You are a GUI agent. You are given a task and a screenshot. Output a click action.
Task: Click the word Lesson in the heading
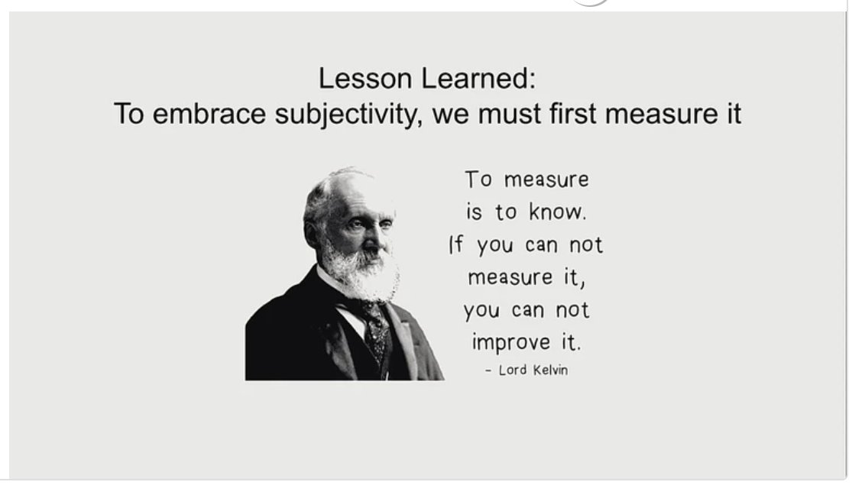pos(355,79)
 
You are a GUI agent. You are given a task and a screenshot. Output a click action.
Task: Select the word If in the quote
pos(456,245)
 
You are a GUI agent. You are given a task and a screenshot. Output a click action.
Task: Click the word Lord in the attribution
pos(513,370)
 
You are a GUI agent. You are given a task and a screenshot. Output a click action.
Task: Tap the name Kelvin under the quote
pos(550,370)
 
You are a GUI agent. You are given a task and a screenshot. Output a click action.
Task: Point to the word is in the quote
pos(475,212)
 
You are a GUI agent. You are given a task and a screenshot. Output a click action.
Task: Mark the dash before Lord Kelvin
pos(488,371)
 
